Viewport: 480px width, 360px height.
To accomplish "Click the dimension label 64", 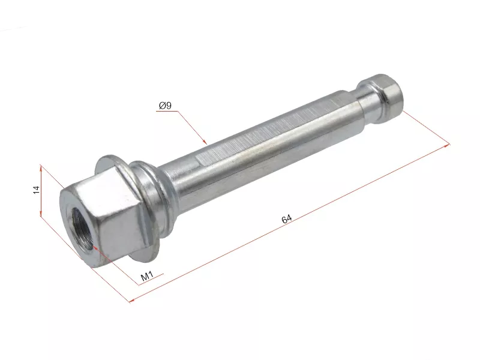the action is pyautogui.click(x=287, y=219).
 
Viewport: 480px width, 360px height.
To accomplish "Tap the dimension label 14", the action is pyautogui.click(x=36, y=190).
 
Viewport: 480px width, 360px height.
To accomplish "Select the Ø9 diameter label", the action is pyautogui.click(x=166, y=106).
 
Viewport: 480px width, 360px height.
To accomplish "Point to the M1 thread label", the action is pyautogui.click(x=147, y=276).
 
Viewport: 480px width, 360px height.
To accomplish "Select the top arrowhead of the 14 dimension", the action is pyautogui.click(x=41, y=168).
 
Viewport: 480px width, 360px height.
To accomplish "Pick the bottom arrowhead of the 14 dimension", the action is pyautogui.click(x=41, y=213).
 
